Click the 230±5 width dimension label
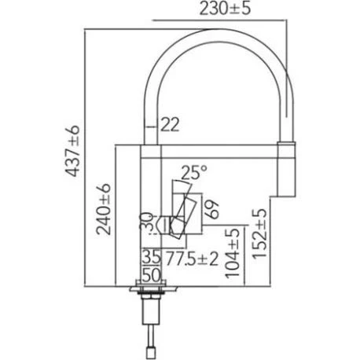point(225,9)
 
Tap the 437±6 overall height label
point(72,151)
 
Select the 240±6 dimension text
point(104,209)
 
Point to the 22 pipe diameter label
point(170,124)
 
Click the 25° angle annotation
point(194,172)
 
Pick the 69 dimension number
point(212,209)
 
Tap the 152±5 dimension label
point(259,233)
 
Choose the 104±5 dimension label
point(233,252)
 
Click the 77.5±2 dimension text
point(193,258)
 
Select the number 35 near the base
point(151,257)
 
